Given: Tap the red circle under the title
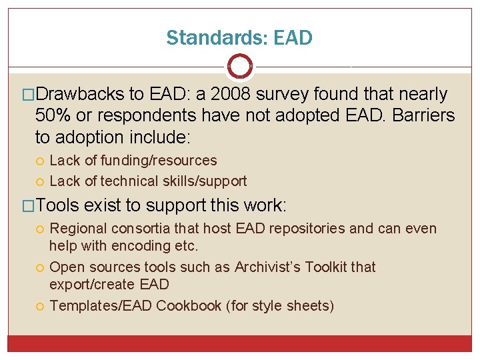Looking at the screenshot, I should [240, 66].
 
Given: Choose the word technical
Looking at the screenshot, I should [125, 181].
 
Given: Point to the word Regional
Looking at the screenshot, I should [80, 229].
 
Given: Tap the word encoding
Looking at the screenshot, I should [139, 245].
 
